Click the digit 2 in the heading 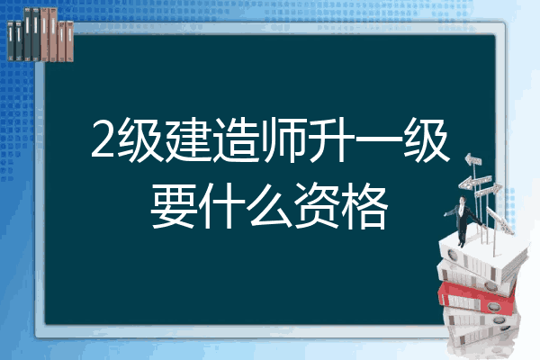point(103,139)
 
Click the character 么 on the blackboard point(269,206)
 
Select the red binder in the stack point(477,298)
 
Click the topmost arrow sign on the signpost point(473,160)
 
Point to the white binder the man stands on point(482,257)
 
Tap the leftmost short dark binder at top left point(11,40)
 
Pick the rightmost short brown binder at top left point(69,41)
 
